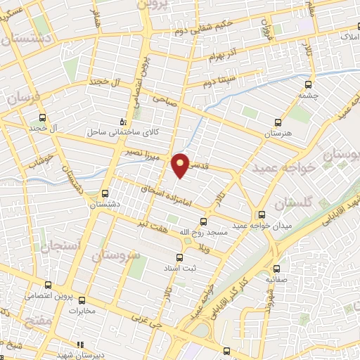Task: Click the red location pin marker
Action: (181, 165)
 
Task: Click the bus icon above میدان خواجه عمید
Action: (262, 214)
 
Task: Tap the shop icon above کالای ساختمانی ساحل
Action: (123, 121)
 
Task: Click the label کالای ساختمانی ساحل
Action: (115, 131)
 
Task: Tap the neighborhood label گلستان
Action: (290, 204)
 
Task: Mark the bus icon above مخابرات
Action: (81, 299)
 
